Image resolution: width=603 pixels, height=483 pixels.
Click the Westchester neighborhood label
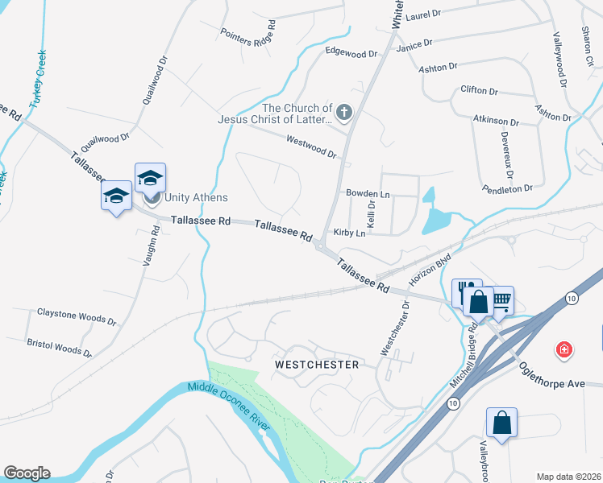coord(316,365)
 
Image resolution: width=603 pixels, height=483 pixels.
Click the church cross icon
coord(344,113)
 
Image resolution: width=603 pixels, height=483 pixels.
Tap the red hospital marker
coord(564,349)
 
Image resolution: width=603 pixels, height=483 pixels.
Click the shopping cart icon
coord(501,301)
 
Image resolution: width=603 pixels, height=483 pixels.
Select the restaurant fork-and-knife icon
coord(465,290)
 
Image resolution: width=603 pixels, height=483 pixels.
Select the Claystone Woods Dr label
coord(77,316)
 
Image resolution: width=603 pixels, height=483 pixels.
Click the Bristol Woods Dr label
coord(59,347)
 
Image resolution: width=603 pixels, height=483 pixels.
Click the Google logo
coord(27,473)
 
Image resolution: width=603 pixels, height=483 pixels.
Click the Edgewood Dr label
coord(351,53)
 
